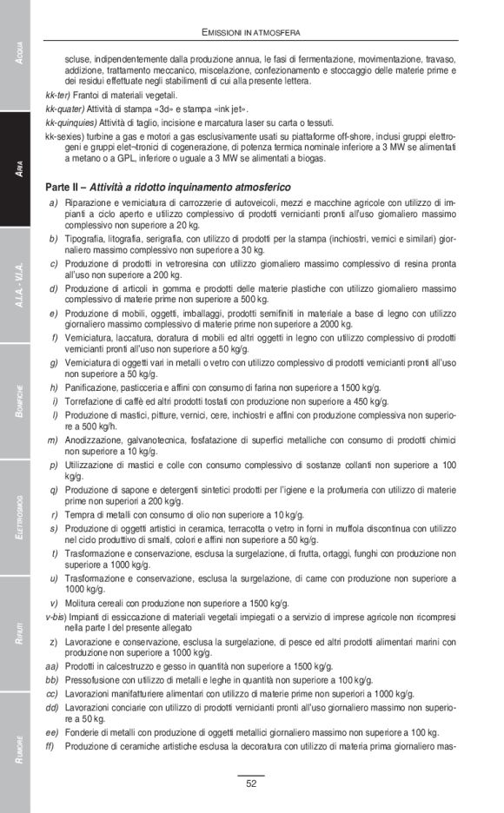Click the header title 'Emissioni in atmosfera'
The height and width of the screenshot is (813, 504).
[x=251, y=32]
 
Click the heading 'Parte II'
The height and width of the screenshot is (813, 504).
[x=66, y=188]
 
